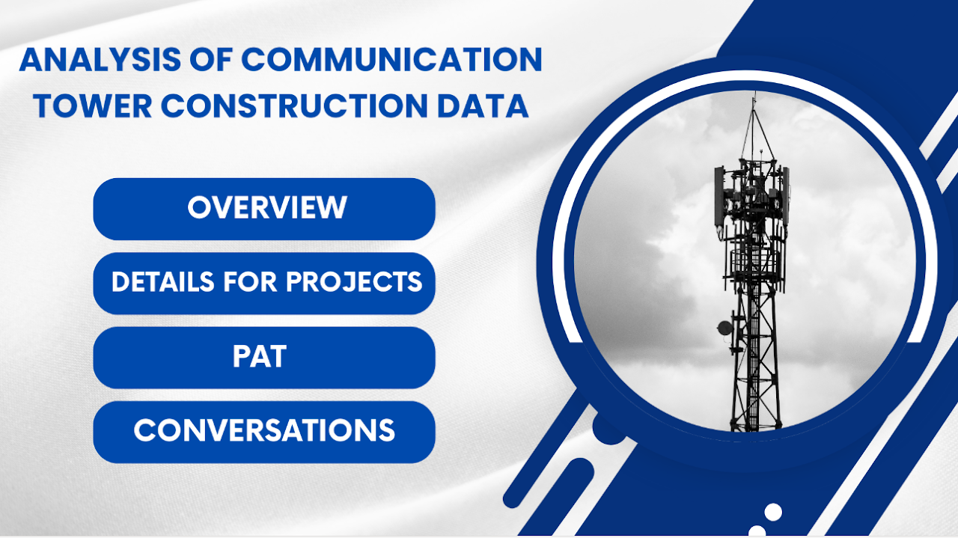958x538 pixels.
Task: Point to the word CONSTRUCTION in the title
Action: pyautogui.click(x=281, y=106)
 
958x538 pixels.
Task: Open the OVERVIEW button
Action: pyautogui.click(x=264, y=208)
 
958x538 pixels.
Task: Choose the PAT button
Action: pyautogui.click(x=264, y=357)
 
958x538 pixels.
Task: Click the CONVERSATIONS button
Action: pyautogui.click(x=264, y=431)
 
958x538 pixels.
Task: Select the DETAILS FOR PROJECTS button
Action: pyautogui.click(x=264, y=282)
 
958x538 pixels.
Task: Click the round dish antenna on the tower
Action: pyautogui.click(x=724, y=328)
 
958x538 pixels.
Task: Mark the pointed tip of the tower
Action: pyautogui.click(x=754, y=96)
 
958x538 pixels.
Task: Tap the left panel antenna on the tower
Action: pyautogui.click(x=718, y=196)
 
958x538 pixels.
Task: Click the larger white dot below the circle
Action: pyautogui.click(x=773, y=512)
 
